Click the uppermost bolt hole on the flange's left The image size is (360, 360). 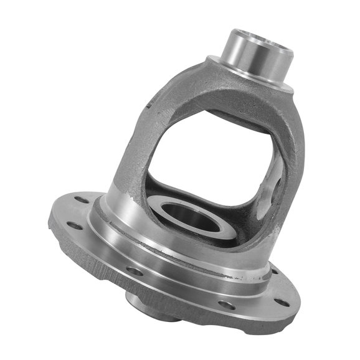tap(82, 201)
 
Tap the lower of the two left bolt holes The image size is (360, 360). tap(74, 225)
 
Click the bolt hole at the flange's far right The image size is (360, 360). tap(282, 302)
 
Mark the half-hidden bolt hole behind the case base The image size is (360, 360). tap(275, 271)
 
